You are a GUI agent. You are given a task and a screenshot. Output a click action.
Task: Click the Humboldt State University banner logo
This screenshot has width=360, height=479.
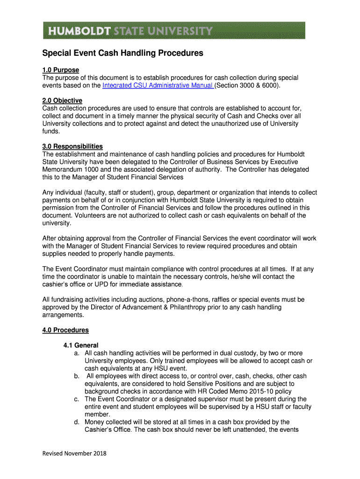[x=174, y=30]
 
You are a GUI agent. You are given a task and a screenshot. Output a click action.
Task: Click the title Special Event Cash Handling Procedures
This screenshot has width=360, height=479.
[x=123, y=53]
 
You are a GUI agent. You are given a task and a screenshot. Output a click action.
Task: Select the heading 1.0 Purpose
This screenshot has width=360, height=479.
[x=61, y=70]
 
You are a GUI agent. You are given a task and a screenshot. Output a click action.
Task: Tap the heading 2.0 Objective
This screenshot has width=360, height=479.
[x=62, y=101]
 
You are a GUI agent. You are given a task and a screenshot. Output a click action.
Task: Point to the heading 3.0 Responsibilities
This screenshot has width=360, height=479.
[x=72, y=146]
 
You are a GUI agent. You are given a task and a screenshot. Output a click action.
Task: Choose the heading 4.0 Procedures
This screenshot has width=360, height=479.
[x=65, y=330]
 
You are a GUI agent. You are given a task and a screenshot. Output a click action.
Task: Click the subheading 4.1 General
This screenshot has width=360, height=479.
[x=81, y=346]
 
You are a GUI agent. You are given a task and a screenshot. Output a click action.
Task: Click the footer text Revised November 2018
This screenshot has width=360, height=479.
[x=74, y=453]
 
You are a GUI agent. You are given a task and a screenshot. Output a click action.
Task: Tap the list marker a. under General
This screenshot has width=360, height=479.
[x=76, y=353]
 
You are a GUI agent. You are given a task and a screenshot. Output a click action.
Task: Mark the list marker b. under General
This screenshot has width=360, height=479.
[x=76, y=376]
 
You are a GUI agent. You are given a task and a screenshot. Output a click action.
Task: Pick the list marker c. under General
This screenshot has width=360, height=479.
[x=76, y=399]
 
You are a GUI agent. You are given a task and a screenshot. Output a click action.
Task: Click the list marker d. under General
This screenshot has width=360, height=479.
[x=76, y=422]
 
